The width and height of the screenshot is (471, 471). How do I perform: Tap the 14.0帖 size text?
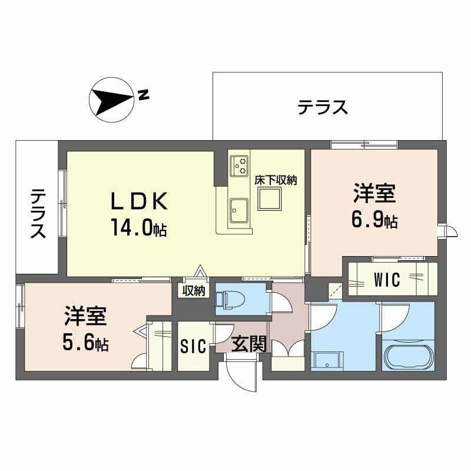[138, 227]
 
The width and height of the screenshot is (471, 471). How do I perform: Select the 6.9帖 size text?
[374, 221]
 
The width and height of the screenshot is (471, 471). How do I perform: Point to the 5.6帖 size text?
[86, 342]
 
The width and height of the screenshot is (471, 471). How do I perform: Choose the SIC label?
[193, 347]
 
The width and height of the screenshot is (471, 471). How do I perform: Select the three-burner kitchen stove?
[240, 165]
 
